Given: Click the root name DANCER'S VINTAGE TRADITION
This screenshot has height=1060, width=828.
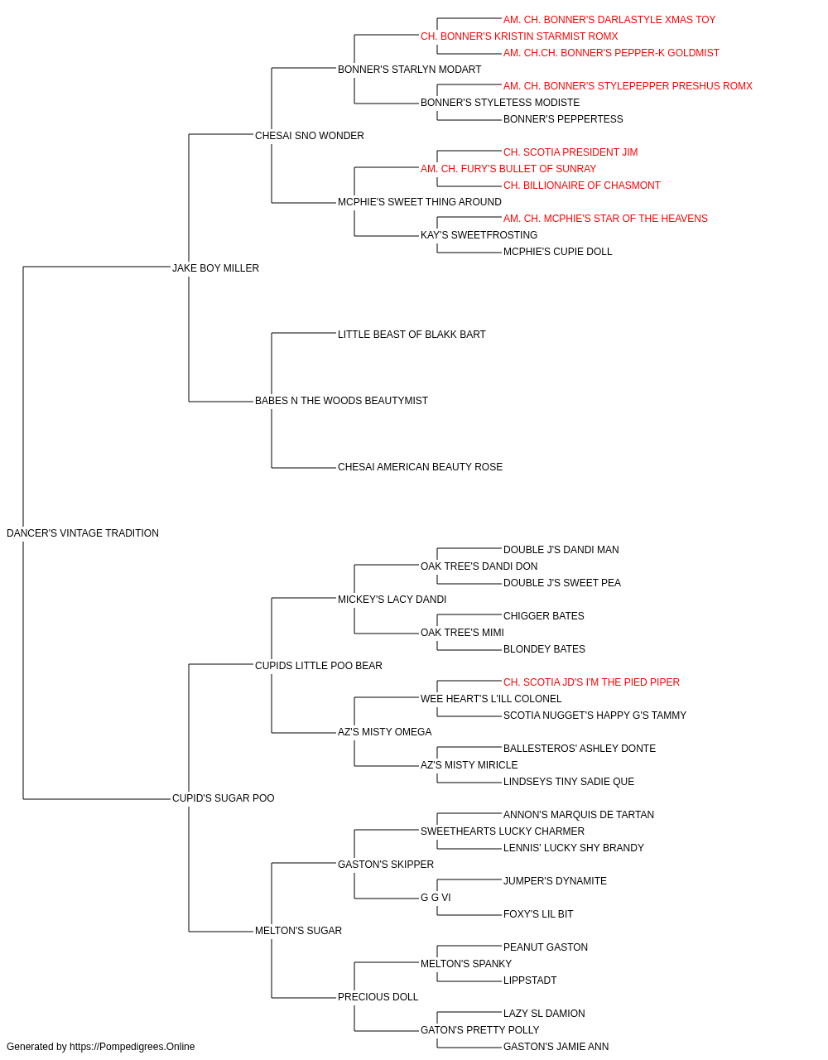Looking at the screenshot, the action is (83, 533).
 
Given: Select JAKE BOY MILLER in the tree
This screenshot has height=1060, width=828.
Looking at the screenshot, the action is (215, 267).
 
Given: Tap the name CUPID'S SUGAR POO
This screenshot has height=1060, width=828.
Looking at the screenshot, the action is (224, 798).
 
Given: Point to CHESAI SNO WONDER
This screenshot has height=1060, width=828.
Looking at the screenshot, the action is (310, 136).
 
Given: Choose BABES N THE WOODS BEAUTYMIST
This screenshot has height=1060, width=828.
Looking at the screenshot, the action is (341, 401).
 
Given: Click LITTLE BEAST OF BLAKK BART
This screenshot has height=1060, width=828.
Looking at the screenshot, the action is (412, 334).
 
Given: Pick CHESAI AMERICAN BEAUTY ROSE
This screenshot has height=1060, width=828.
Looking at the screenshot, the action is (421, 467).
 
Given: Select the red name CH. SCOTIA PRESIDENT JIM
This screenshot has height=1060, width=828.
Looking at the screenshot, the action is (570, 152).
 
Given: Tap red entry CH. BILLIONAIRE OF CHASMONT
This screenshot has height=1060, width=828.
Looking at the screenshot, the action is (582, 185).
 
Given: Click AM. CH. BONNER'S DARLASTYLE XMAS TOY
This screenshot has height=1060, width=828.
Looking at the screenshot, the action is (609, 20).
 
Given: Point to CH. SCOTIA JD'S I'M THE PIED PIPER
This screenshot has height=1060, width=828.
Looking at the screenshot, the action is (591, 682).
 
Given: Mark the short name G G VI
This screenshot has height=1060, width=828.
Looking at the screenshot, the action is (436, 898).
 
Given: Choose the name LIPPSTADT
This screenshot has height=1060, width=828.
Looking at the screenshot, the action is (530, 980).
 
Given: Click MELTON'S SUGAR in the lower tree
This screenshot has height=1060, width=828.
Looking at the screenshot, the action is (298, 931).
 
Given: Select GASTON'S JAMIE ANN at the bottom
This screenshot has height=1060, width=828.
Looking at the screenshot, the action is (556, 1047).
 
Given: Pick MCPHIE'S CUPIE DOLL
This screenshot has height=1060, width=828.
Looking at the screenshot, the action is (558, 252).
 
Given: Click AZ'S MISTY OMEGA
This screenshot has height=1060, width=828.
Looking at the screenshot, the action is (385, 732).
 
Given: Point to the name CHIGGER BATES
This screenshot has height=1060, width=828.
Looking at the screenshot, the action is (544, 615).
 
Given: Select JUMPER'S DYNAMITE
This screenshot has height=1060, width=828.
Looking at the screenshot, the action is (555, 881).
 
